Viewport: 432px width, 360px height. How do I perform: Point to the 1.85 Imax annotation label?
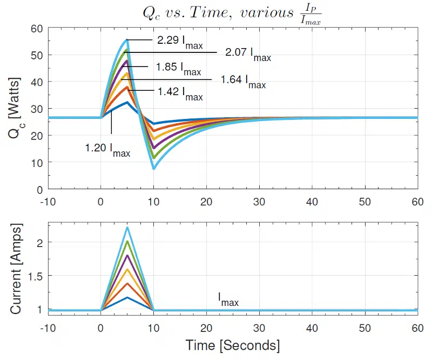[x=178, y=69]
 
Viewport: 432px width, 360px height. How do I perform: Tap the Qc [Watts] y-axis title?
[x=16, y=109]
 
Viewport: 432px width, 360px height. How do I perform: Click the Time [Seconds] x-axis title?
[x=233, y=345]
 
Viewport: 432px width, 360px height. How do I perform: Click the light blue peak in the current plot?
[x=127, y=228]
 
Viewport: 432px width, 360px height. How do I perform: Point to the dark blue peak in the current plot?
[x=127, y=297]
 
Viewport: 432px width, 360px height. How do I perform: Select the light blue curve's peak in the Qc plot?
[x=127, y=40]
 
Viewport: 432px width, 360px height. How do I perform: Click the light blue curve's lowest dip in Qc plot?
[x=153, y=169]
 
